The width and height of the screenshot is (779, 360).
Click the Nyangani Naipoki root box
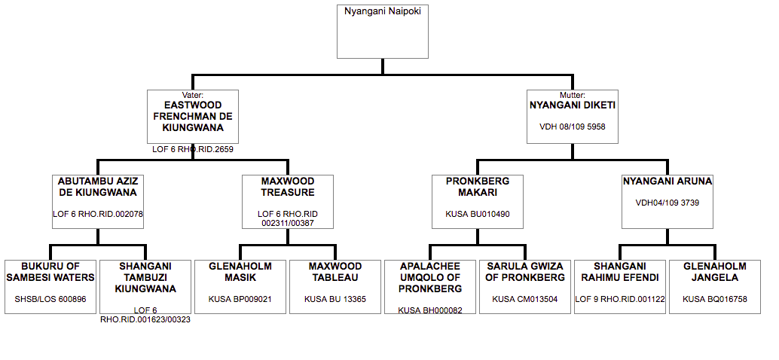[x=383, y=32]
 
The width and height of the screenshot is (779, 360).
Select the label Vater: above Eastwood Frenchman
[x=193, y=95]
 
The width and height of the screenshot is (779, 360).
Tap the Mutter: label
[x=573, y=95]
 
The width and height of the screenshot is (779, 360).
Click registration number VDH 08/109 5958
[x=573, y=127]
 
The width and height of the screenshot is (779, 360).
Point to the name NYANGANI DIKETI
[x=573, y=105]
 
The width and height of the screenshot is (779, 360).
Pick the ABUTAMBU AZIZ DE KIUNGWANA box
[x=98, y=201]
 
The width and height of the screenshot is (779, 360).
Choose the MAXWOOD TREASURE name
[x=288, y=187]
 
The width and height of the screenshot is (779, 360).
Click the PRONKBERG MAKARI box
[x=478, y=201]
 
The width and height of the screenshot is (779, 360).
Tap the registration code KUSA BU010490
[x=478, y=215]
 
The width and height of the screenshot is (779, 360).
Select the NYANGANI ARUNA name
[x=667, y=182]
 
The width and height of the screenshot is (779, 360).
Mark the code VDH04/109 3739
[x=667, y=203]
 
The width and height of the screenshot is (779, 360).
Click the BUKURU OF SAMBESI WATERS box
[x=50, y=286]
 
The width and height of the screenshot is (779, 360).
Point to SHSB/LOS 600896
[x=50, y=299]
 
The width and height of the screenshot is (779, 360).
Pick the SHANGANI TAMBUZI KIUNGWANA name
[x=145, y=278]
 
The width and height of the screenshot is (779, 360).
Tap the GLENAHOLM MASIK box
[x=240, y=286]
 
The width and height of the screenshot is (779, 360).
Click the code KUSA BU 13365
[x=335, y=299]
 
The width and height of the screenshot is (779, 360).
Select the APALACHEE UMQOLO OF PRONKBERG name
[x=430, y=278]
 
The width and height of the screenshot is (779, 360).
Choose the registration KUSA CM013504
[x=525, y=299]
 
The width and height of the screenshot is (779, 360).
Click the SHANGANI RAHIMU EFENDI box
[x=620, y=286]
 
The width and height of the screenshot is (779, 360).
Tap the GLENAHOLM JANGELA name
[x=715, y=272]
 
